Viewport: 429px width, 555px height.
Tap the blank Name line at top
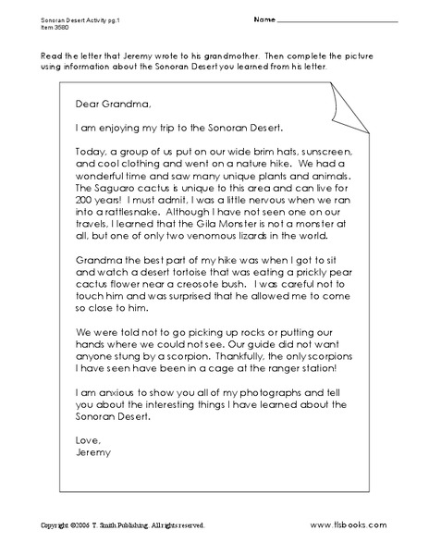point(338,20)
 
